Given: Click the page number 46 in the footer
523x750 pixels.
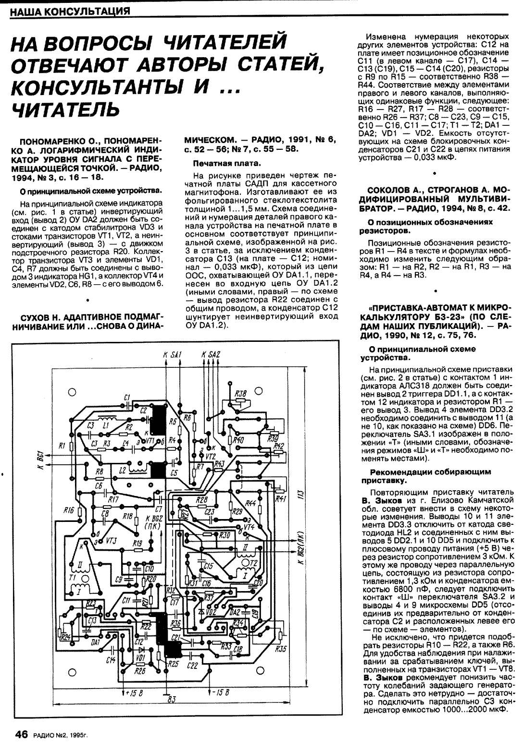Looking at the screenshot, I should pyautogui.click(x=21, y=735).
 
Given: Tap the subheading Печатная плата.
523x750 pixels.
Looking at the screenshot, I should pyautogui.click(x=219, y=164).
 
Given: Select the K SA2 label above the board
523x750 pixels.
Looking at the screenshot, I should pyautogui.click(x=211, y=355).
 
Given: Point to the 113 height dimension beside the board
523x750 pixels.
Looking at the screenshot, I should pyautogui.click(x=300, y=494).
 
